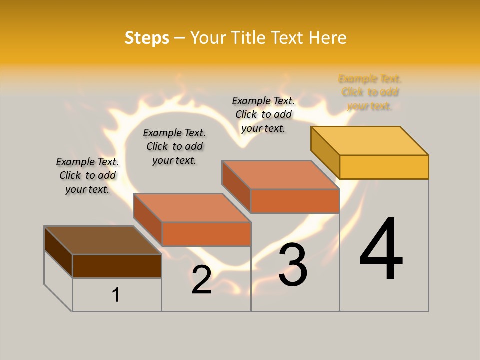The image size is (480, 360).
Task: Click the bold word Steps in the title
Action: point(147,38)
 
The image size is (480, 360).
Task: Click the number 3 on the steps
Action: point(293,265)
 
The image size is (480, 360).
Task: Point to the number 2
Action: point(201,280)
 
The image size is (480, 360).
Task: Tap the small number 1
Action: point(115,295)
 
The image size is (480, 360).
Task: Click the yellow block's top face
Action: point(370,140)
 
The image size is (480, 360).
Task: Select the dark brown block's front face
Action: point(117,266)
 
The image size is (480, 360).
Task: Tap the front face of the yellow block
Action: point(384,167)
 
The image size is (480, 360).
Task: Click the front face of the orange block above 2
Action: point(206,234)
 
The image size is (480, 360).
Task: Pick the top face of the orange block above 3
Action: point(280,175)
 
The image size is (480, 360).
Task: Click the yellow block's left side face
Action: point(325,152)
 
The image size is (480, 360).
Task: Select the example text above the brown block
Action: point(87,175)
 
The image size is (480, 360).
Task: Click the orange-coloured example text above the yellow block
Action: point(370,92)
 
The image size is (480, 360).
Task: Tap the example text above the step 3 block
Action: point(263,114)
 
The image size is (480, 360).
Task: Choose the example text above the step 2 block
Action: point(174,146)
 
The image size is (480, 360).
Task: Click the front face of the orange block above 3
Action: point(295,201)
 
